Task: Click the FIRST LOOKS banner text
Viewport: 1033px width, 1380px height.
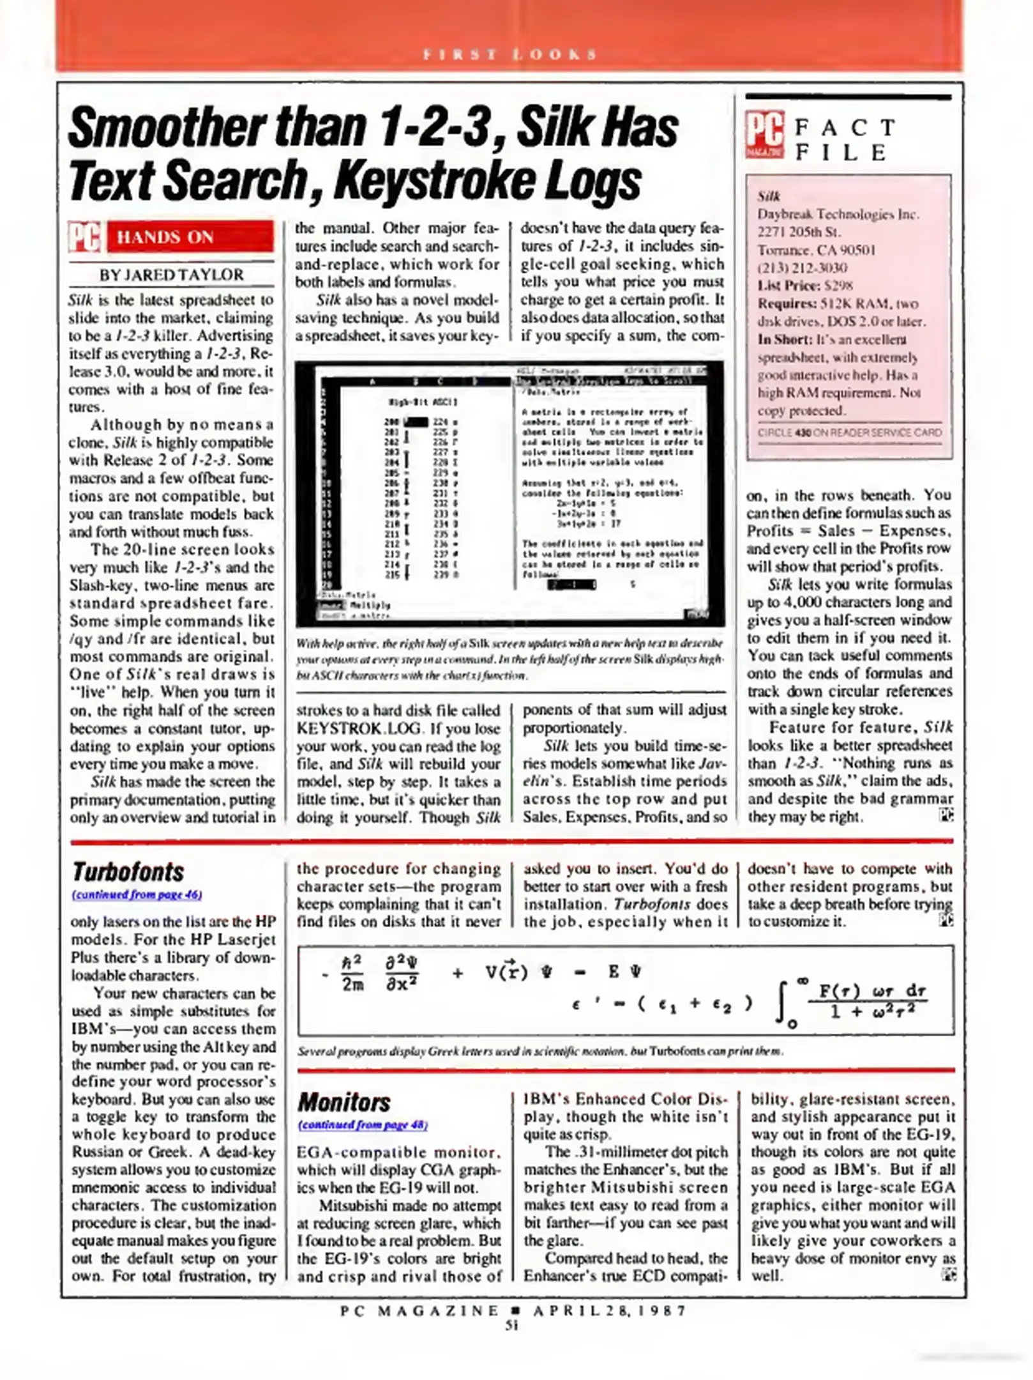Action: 509,54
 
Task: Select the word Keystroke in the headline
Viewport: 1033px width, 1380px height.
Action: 435,181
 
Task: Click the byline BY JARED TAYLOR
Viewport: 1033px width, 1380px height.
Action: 171,275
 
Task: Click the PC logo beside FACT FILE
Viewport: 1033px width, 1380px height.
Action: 765,135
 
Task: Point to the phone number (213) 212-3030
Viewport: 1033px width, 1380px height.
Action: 802,268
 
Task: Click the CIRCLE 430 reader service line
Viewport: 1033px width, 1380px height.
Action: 849,433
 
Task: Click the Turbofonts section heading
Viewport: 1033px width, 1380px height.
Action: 128,872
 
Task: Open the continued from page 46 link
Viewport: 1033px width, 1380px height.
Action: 137,894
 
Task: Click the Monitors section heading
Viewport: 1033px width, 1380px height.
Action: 343,1102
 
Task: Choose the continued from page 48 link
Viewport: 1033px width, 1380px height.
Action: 362,1124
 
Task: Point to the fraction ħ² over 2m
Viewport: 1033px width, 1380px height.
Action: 352,974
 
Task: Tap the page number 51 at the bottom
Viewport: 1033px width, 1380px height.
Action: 511,1325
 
